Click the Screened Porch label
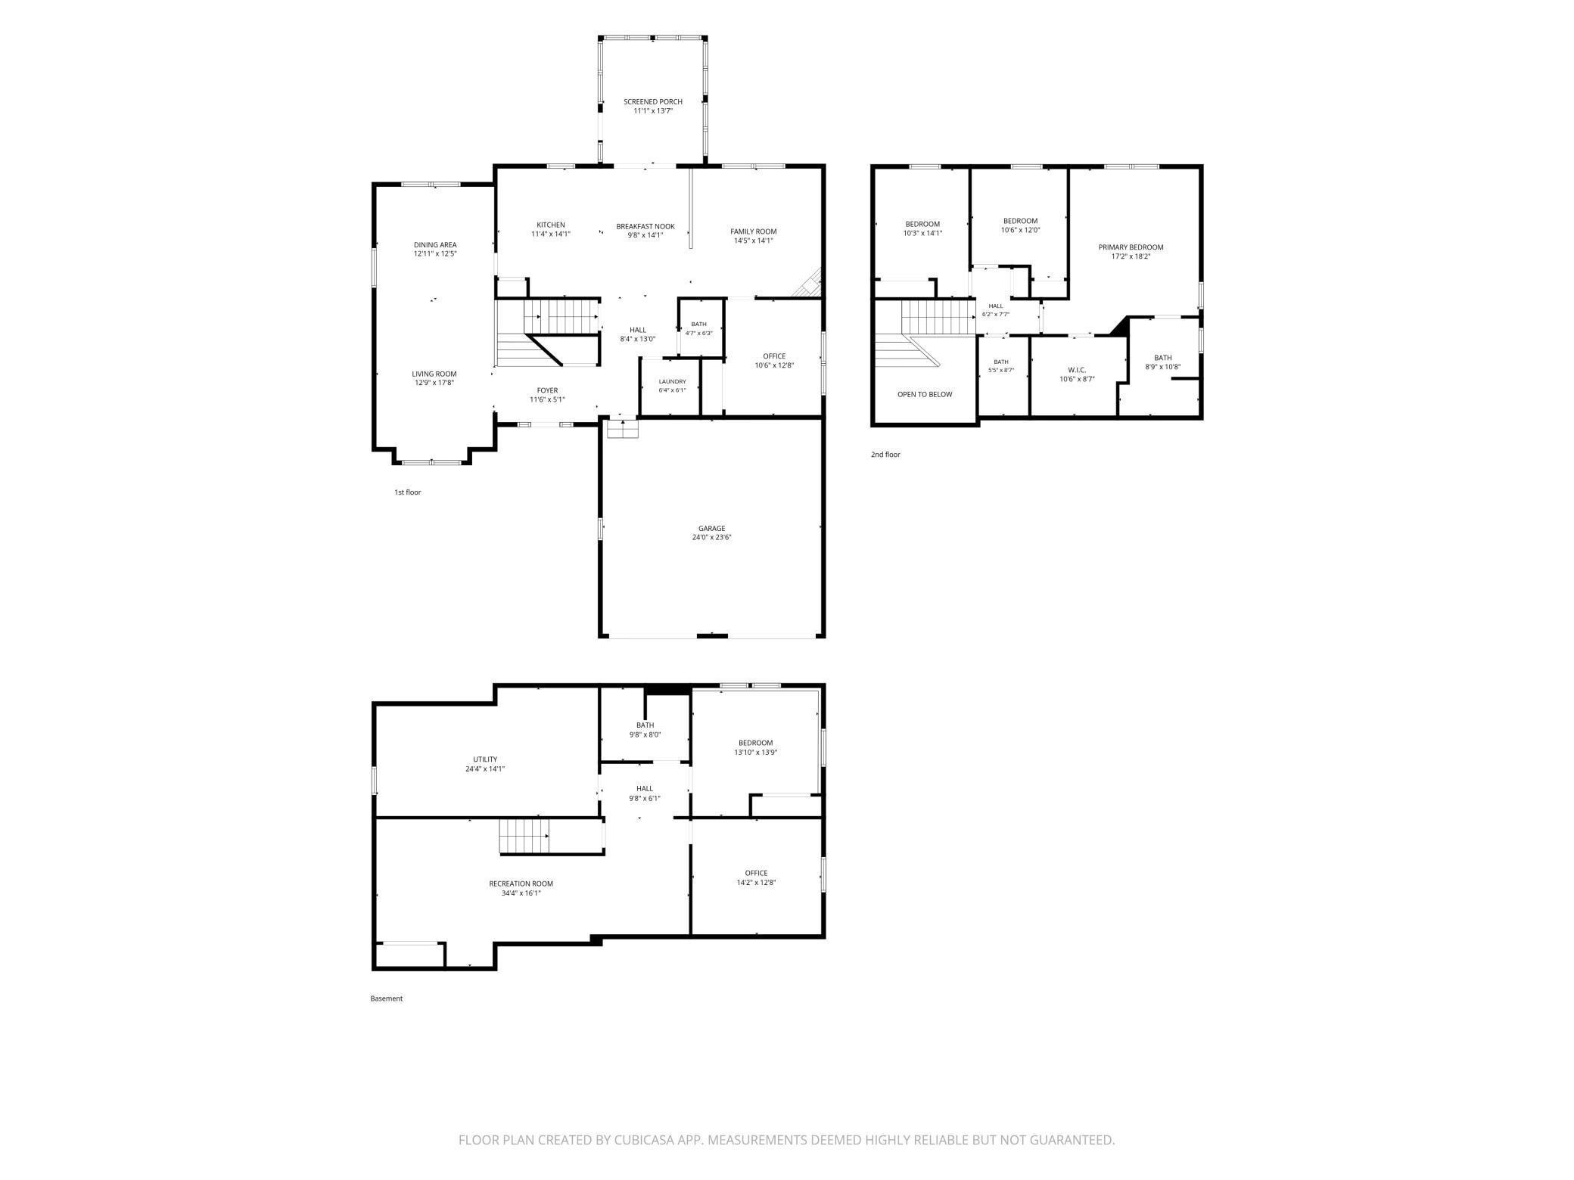(652, 101)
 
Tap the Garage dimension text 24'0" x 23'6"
(711, 538)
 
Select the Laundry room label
(672, 382)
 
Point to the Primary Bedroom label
(1131, 247)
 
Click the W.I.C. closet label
(1077, 370)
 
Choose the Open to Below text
(925, 395)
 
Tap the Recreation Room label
(521, 883)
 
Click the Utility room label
(485, 759)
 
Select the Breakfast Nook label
(645, 226)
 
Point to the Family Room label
(753, 231)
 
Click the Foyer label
(547, 390)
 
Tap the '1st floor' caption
(407, 492)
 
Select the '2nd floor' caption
(885, 455)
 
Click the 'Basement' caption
(386, 998)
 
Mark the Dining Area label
(435, 245)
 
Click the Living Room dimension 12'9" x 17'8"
(434, 383)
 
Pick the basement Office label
(756, 873)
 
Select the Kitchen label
(551, 225)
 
